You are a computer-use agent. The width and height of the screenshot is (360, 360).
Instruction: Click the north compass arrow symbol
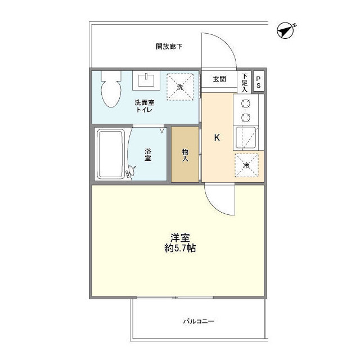[287, 30]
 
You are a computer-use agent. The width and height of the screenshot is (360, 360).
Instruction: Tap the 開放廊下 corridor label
[169, 47]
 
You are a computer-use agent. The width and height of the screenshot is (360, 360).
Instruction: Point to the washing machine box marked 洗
[181, 87]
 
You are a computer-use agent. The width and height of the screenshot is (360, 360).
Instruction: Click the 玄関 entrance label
[219, 79]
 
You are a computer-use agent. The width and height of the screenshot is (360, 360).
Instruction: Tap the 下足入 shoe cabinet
[245, 82]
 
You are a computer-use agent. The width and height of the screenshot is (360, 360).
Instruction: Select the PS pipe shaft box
[259, 82]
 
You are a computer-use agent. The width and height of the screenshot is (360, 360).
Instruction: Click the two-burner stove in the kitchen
[246, 110]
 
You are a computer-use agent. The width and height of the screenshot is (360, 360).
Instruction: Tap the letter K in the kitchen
[215, 137]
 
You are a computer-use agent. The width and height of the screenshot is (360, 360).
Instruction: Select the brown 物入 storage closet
[185, 155]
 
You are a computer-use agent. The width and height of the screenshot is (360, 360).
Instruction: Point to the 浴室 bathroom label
[148, 155]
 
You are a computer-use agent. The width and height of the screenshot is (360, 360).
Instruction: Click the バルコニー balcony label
[199, 322]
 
